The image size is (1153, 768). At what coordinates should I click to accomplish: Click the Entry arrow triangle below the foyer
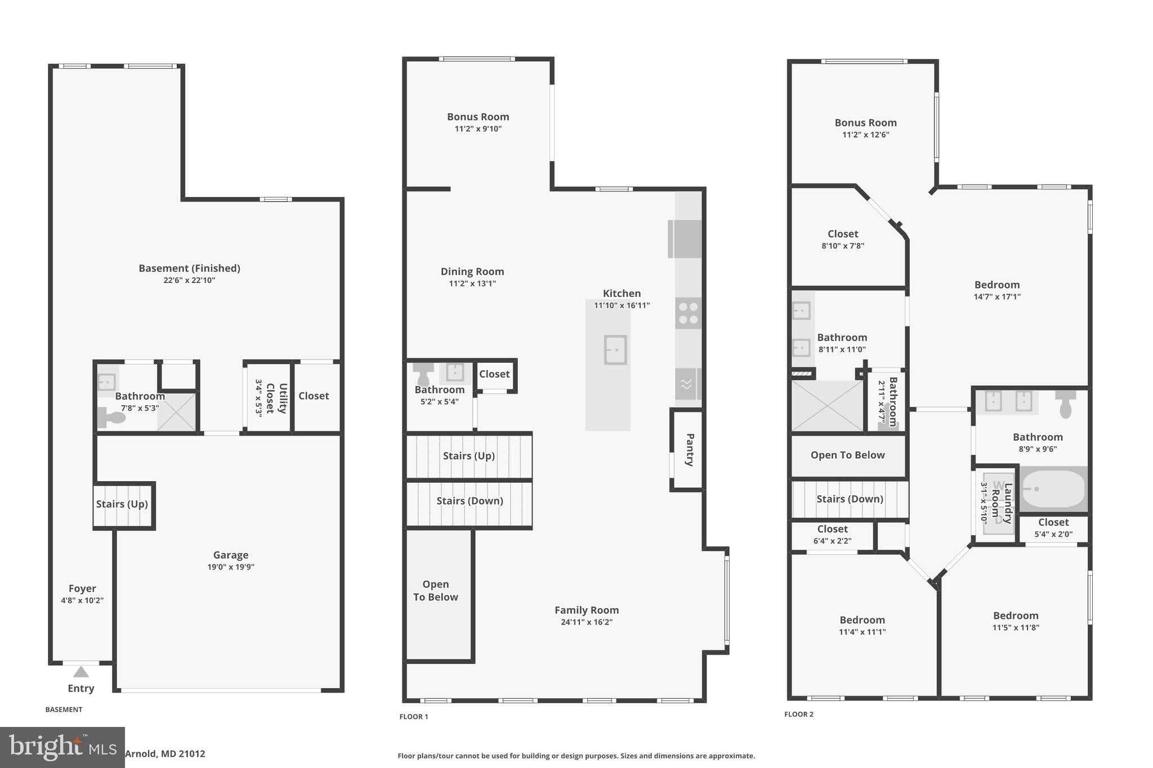(81, 672)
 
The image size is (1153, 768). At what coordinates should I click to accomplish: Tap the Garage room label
(230, 555)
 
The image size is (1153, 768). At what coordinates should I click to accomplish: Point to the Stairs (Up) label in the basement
(122, 504)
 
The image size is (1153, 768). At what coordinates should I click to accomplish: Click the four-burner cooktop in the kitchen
(688, 313)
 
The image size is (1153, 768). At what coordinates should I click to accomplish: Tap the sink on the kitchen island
(615, 350)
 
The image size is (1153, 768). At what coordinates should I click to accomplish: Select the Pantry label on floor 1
(690, 450)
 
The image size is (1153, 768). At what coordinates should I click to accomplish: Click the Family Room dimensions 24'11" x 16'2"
(586, 622)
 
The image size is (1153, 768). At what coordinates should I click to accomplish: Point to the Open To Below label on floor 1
(435, 591)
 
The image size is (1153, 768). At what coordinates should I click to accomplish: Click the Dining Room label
(472, 272)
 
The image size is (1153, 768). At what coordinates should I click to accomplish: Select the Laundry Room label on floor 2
(1002, 503)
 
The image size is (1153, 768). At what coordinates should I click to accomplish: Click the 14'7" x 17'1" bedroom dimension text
(996, 297)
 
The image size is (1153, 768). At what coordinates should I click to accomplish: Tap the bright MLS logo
(62, 748)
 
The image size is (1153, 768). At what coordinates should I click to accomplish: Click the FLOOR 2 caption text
(798, 715)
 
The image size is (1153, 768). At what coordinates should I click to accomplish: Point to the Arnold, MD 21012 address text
(165, 754)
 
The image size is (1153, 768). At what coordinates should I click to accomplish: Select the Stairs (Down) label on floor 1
(470, 501)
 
